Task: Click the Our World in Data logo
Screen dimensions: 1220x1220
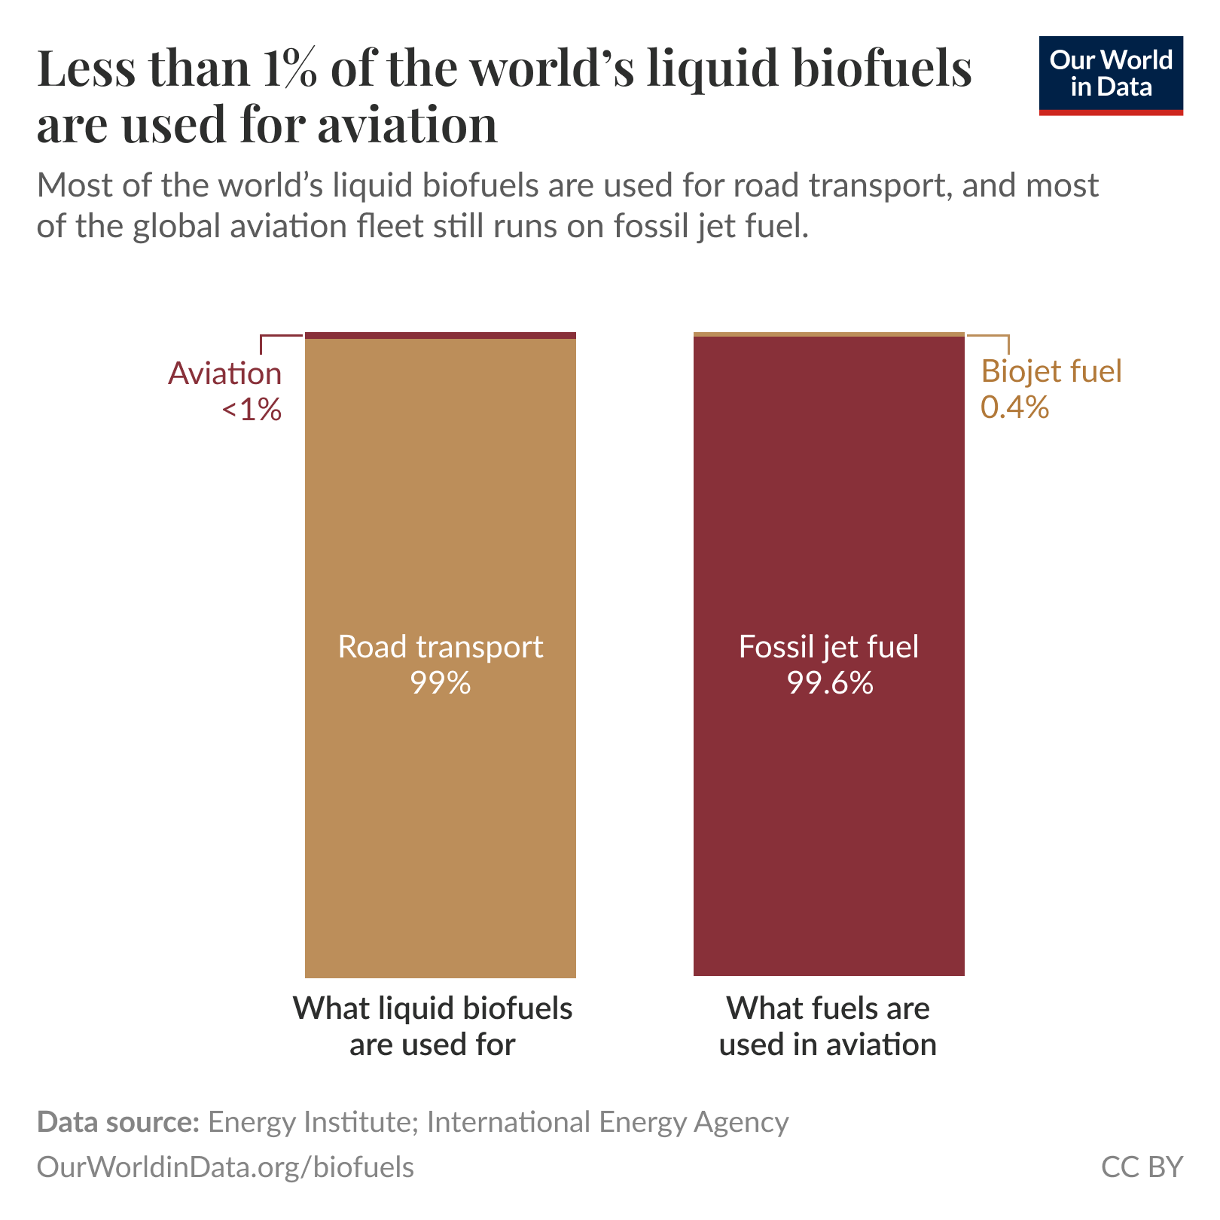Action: coord(1110,75)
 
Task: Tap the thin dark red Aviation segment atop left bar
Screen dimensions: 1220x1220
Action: coord(441,335)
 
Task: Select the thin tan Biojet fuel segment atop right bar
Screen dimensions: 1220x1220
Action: coord(828,334)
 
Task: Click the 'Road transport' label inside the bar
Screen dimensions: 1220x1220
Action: coord(441,647)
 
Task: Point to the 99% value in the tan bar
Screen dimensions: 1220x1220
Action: coord(441,683)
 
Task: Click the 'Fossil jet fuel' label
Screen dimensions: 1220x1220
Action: coord(828,647)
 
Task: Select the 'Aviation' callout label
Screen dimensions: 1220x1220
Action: coord(224,374)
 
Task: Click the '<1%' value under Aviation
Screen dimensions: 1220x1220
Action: coord(252,410)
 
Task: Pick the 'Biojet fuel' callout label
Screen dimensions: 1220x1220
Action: coord(1051,371)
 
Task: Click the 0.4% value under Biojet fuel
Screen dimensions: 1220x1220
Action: coord(1014,407)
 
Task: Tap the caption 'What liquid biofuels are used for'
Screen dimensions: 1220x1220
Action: coord(432,1026)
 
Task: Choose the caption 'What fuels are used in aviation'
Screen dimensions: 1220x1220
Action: coord(828,1026)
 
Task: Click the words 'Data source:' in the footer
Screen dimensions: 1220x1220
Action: coord(117,1122)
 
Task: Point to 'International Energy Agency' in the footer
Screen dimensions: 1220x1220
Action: coord(607,1122)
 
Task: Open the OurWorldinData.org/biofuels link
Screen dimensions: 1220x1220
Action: coord(225,1167)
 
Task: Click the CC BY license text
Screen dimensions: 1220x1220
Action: coord(1142,1167)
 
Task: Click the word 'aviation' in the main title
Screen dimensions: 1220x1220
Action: coord(407,124)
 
